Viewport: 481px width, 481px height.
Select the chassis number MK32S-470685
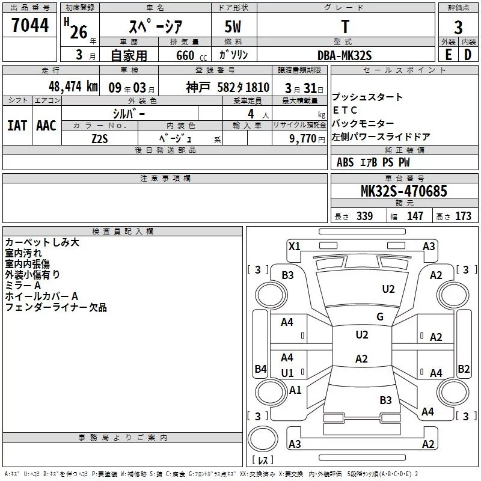pyautogui.click(x=403, y=191)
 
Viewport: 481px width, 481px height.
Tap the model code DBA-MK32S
pyautogui.click(x=345, y=55)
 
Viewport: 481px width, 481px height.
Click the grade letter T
pyautogui.click(x=345, y=27)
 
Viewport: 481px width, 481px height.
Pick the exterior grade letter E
pyautogui.click(x=448, y=55)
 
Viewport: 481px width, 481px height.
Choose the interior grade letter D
pyautogui.click(x=468, y=55)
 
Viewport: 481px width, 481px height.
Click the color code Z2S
pyautogui.click(x=100, y=138)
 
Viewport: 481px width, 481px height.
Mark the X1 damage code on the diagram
pyautogui.click(x=294, y=246)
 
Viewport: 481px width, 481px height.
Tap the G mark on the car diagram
pyautogui.click(x=380, y=317)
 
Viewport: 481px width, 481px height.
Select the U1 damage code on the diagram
pyautogui.click(x=287, y=373)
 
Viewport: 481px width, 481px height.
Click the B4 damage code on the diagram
pyautogui.click(x=260, y=369)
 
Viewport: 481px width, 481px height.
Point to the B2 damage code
pyautogui.click(x=464, y=369)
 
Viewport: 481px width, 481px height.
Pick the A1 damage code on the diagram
pyautogui.click(x=295, y=390)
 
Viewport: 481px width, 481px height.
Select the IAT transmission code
pyautogui.click(x=16, y=126)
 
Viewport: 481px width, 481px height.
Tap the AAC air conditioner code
pyautogui.click(x=46, y=126)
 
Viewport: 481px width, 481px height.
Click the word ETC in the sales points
pyautogui.click(x=345, y=110)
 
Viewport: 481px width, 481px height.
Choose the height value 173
pyautogui.click(x=463, y=216)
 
